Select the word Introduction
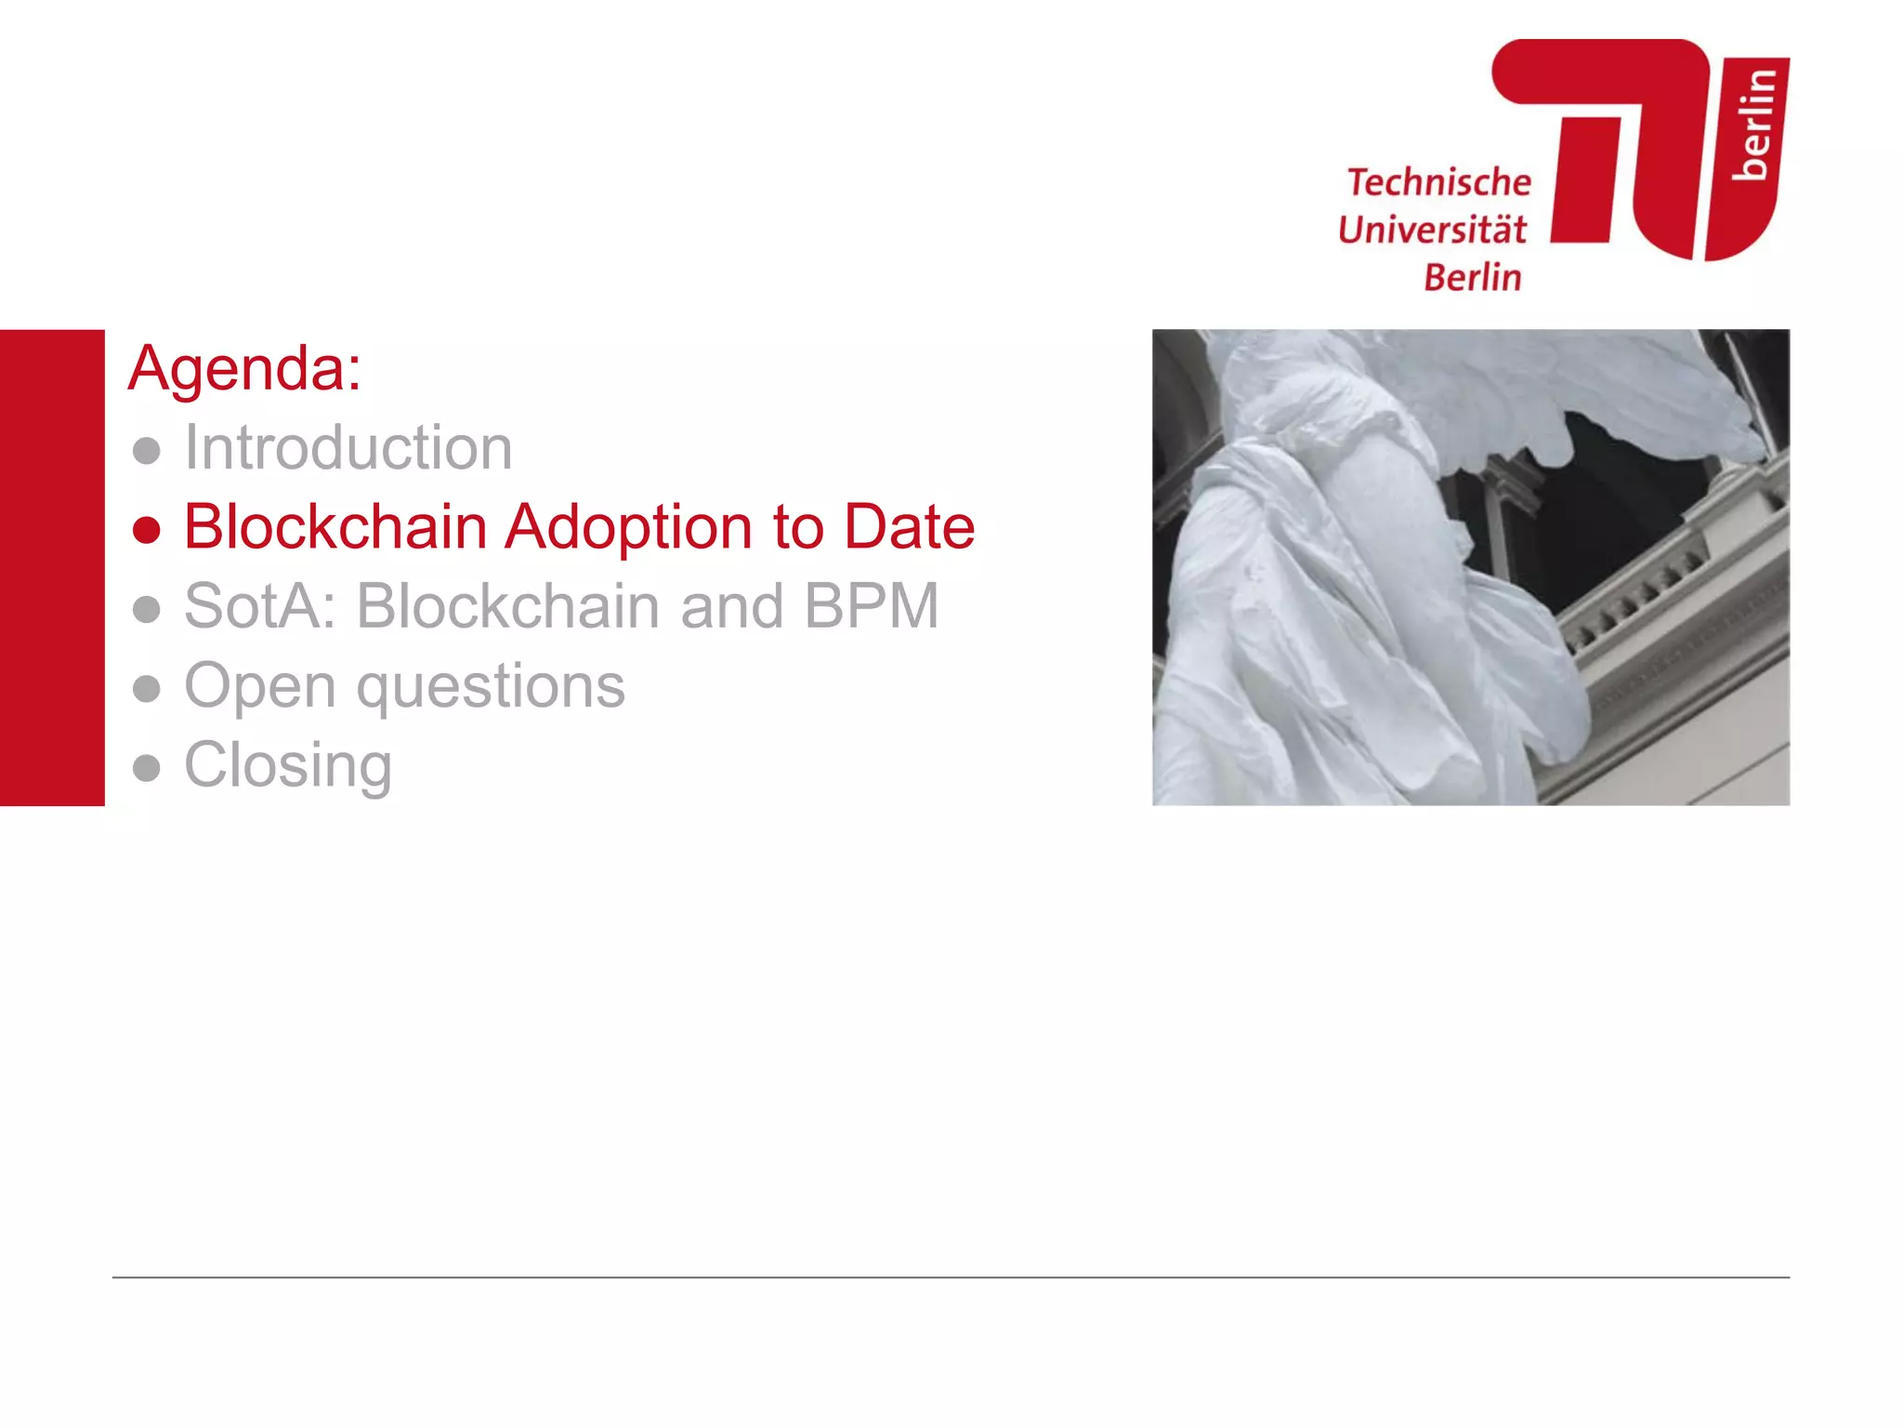click(348, 448)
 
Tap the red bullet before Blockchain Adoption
click(147, 529)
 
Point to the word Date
click(909, 527)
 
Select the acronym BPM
click(871, 606)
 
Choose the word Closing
click(288, 766)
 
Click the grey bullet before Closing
click(147, 768)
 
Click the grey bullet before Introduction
click(147, 451)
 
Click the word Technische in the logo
click(1438, 182)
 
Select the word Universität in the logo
click(1431, 230)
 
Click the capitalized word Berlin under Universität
click(1473, 277)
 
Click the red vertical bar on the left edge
click(52, 567)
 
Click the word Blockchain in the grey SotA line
click(508, 606)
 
